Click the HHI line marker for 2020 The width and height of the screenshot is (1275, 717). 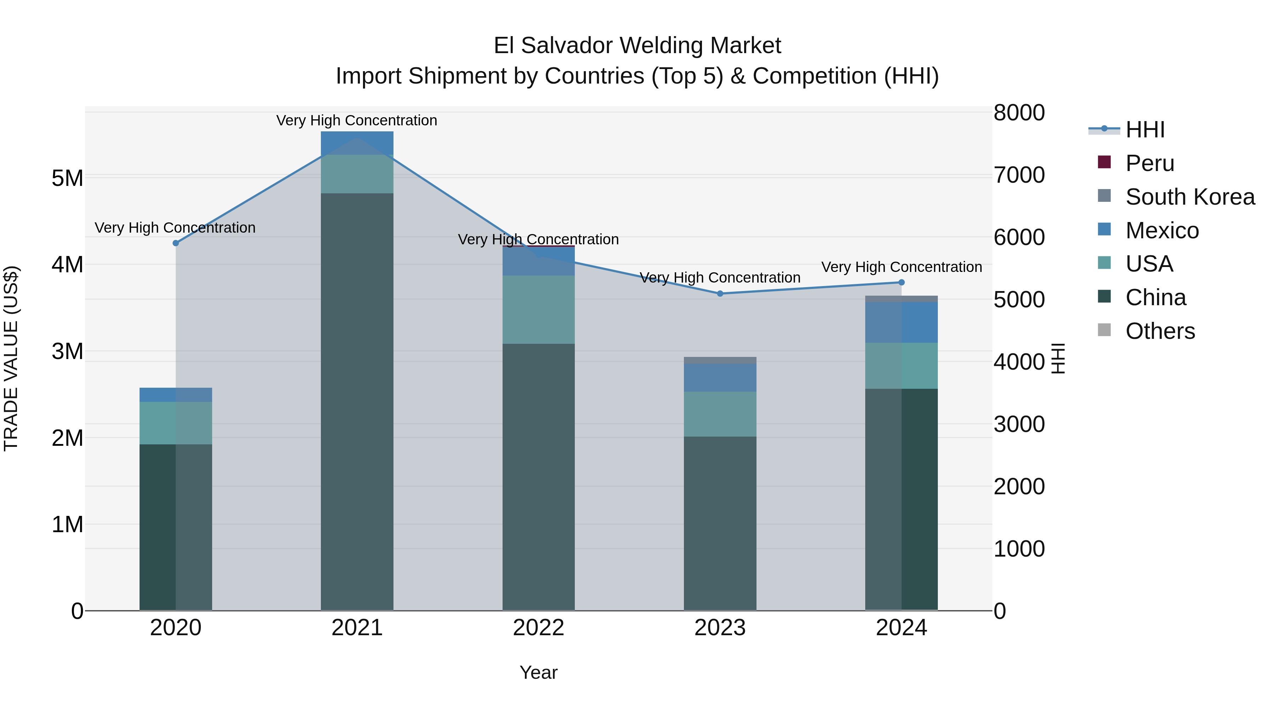(176, 243)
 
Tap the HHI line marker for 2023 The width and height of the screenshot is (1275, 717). (720, 294)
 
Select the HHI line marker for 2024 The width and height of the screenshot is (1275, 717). (901, 282)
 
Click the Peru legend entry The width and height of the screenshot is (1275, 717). (1149, 163)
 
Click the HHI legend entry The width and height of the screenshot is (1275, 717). (1144, 130)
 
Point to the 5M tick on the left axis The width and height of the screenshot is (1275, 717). (67, 178)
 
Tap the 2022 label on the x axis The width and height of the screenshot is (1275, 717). (538, 628)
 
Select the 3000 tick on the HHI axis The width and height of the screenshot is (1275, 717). (1019, 424)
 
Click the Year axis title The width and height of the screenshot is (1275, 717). (538, 672)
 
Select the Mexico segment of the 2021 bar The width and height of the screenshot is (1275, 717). (357, 143)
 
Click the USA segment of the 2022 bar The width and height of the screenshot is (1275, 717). (538, 309)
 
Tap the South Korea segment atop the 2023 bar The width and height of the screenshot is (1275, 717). (720, 360)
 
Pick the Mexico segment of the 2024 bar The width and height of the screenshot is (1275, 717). (901, 322)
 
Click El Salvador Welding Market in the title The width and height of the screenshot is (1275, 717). (637, 46)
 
